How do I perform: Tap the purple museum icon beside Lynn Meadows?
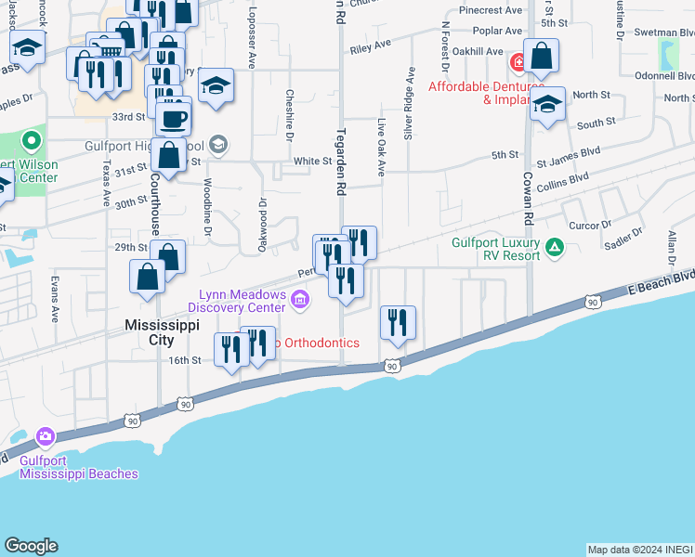[x=300, y=299]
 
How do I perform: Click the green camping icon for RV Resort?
[x=555, y=247]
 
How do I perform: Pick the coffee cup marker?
[x=173, y=119]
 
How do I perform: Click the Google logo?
[x=31, y=546]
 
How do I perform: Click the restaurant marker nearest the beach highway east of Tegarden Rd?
[x=398, y=323]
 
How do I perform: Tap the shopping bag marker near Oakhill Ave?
[x=542, y=58]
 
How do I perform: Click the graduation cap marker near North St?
[x=548, y=104]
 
